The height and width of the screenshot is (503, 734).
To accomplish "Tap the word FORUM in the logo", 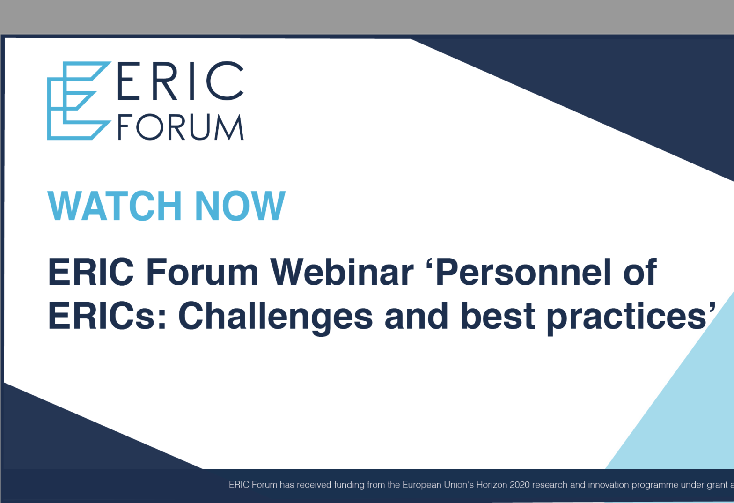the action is coord(181,127).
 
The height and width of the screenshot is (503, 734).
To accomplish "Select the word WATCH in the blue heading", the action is coord(115,206).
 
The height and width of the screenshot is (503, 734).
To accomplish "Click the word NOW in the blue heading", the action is coord(240,206).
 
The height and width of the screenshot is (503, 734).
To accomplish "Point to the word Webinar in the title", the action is coord(342,272).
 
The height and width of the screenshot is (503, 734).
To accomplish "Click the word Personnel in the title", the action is coord(523,272).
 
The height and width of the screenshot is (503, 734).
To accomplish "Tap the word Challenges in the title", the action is coord(276,317).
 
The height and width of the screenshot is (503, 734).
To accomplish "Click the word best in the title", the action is coord(498,316).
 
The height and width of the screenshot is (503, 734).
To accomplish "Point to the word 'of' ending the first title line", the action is coord(640,272).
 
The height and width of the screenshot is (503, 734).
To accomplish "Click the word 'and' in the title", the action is coord(417,316).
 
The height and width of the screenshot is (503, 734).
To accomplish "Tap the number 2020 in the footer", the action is coord(520,485).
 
